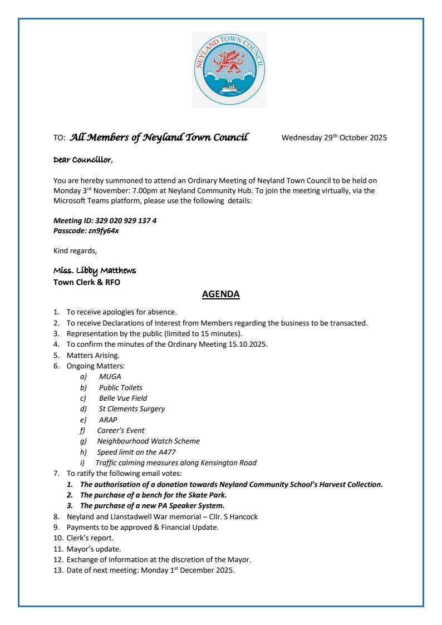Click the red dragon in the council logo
[229, 62]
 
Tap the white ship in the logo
[229, 88]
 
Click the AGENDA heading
[221, 294]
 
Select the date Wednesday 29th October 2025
[334, 138]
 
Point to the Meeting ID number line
[105, 220]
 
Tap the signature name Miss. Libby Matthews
[94, 270]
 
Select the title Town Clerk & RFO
[86, 282]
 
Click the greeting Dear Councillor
[82, 160]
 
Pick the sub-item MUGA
[110, 377]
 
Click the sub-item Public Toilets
[120, 387]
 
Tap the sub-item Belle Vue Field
[123, 398]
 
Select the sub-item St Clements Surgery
[132, 409]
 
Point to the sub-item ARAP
[108, 420]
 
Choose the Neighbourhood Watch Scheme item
[148, 441]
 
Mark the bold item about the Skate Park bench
[153, 495]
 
